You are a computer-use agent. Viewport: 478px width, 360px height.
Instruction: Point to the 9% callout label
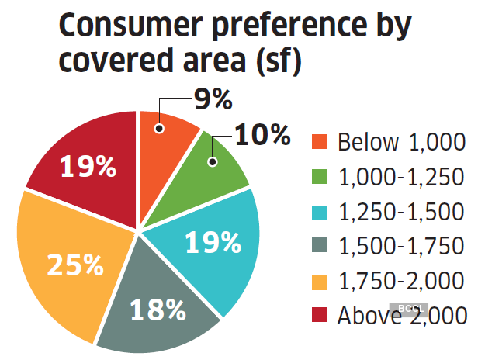coord(212,99)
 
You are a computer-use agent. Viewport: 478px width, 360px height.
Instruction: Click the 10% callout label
coord(262,135)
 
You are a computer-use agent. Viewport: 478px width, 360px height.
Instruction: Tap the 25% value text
coord(75,265)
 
